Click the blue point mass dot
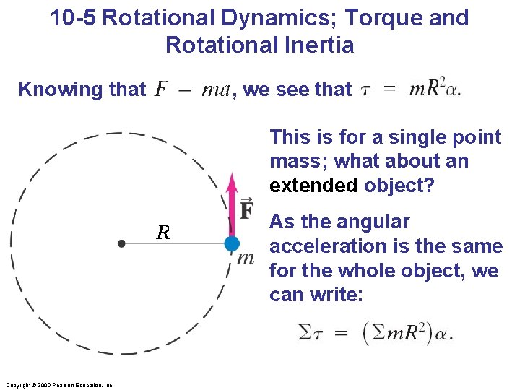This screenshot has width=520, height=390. tap(231, 244)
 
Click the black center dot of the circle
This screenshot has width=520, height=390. tap(121, 244)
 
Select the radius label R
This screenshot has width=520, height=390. tap(163, 233)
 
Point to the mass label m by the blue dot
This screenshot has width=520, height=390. tap(246, 257)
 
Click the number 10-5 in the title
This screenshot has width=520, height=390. tap(74, 18)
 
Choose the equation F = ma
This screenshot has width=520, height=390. tap(193, 90)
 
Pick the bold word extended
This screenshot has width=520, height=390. tap(313, 185)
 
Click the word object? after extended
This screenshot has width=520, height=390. tap(399, 185)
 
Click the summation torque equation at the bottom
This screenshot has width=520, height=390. tap(375, 333)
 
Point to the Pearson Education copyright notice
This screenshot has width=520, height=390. tap(58, 385)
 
